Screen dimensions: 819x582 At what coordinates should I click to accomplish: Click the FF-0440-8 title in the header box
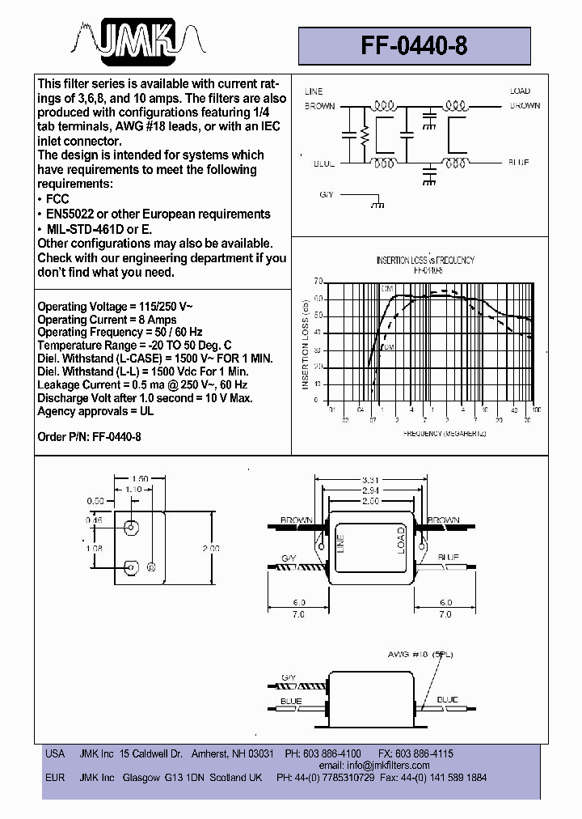[414, 46]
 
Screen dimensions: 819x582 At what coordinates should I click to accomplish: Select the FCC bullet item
[57, 199]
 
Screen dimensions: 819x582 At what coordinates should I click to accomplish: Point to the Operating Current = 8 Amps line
[107, 320]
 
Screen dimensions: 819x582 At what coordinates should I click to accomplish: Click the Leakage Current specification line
[142, 384]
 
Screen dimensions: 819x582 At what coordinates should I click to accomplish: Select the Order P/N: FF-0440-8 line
[90, 435]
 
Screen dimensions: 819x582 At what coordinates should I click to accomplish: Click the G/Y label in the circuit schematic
[326, 195]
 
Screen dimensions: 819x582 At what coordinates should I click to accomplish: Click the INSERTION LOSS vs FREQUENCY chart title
[425, 261]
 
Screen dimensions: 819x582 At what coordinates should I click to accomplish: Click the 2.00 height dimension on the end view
[210, 548]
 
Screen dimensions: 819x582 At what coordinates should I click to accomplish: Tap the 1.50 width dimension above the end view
[139, 479]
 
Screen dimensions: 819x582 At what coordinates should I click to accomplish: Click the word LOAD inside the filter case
[400, 541]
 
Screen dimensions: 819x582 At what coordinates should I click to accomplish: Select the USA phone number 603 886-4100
[331, 753]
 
